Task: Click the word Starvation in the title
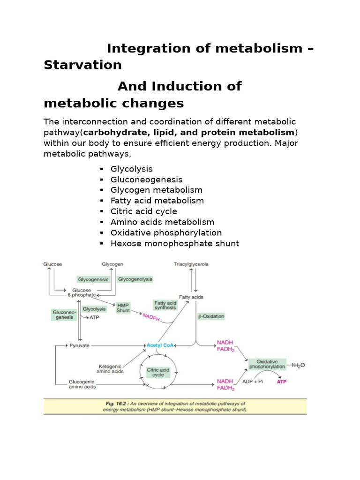click(x=82, y=65)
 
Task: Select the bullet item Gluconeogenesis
click(x=146, y=180)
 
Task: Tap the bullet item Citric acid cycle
click(x=143, y=211)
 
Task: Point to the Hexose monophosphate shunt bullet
click(x=174, y=243)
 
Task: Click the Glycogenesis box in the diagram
click(x=93, y=279)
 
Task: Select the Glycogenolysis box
click(x=135, y=279)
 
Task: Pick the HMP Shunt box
click(x=123, y=307)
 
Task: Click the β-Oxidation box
click(x=211, y=316)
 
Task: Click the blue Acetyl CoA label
click(x=160, y=345)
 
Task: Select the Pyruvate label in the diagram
click(x=80, y=345)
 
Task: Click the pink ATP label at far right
click(x=281, y=382)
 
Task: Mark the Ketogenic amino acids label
click(x=110, y=369)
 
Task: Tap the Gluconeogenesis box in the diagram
click(x=62, y=315)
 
